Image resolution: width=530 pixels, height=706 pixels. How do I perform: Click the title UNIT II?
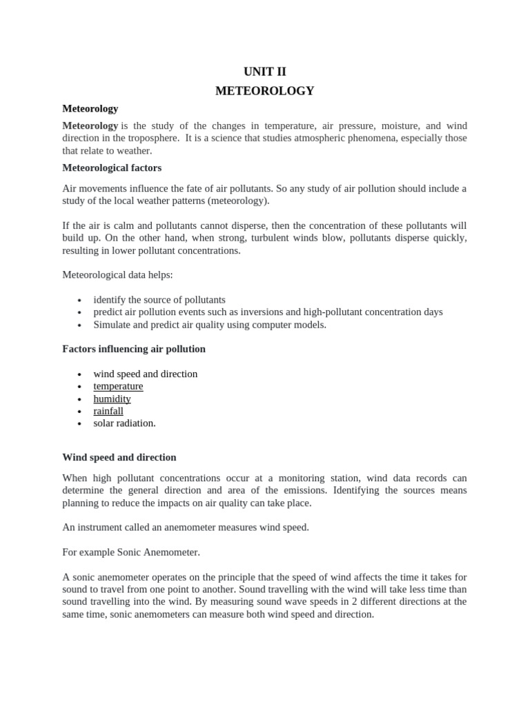[264, 72]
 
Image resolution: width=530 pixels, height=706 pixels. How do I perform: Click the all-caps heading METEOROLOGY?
[264, 91]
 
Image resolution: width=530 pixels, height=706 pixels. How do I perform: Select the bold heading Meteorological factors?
[112, 168]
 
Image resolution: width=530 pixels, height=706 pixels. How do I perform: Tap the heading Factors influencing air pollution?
[134, 349]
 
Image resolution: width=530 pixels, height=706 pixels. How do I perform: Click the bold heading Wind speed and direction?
[119, 457]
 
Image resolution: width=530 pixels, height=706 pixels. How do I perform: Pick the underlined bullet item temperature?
[118, 386]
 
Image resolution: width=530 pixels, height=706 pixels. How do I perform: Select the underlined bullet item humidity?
[112, 399]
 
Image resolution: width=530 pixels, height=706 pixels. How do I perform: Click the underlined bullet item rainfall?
[108, 411]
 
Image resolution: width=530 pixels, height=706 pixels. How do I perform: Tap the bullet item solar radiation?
[124, 423]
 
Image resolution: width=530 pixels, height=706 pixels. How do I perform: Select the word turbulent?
[294, 239]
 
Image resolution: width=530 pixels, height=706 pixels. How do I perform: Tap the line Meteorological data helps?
[117, 275]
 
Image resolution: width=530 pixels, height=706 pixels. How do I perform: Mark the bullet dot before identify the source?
[80, 301]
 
